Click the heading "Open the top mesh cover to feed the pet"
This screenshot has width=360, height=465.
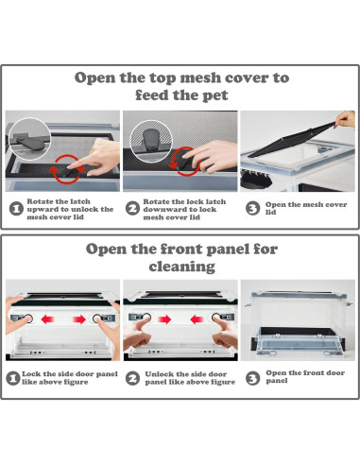pyautogui.click(x=181, y=86)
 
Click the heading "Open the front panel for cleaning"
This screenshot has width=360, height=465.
pyautogui.click(x=181, y=257)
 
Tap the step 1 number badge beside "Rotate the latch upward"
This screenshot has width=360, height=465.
pyautogui.click(x=16, y=209)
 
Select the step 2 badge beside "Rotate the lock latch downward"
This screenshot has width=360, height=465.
pyautogui.click(x=132, y=209)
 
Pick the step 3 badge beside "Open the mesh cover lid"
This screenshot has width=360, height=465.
pyautogui.click(x=252, y=209)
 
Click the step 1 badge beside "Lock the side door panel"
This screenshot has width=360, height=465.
pyautogui.click(x=13, y=378)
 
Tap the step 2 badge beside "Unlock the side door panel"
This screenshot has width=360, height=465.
pyautogui.click(x=132, y=378)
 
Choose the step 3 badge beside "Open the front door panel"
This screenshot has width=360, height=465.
pyautogui.click(x=252, y=378)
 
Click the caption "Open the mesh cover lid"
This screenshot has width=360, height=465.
pyautogui.click(x=306, y=208)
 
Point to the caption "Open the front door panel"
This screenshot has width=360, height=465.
pyautogui.click(x=305, y=376)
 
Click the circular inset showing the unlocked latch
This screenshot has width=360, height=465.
pyautogui.click(x=29, y=138)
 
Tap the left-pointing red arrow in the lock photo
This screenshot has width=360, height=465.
pyautogui.click(x=48, y=319)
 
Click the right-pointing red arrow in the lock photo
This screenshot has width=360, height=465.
pyautogui.click(x=78, y=319)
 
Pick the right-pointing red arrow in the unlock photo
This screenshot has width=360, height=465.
pyautogui.click(x=164, y=319)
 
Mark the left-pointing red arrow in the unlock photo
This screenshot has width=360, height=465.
pyautogui.click(x=197, y=319)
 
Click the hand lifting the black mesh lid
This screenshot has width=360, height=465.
pyautogui.click(x=345, y=119)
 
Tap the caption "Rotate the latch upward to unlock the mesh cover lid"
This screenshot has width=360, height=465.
pyautogui.click(x=70, y=209)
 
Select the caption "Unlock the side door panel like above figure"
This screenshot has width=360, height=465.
pyautogui.click(x=190, y=378)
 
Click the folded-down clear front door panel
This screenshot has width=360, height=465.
pyautogui.click(x=297, y=341)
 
